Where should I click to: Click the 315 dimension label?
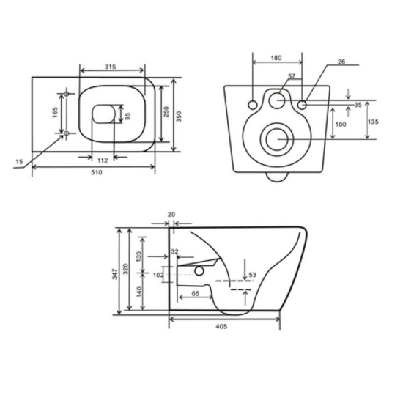click(110, 67)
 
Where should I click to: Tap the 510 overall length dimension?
click(97, 172)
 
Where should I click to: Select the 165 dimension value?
click(55, 112)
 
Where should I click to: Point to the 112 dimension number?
click(103, 160)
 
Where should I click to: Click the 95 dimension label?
click(127, 117)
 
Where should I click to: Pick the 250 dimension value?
click(166, 112)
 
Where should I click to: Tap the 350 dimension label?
click(179, 117)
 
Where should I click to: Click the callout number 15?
click(19, 162)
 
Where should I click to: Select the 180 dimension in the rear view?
click(276, 58)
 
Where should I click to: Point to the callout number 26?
click(341, 62)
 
